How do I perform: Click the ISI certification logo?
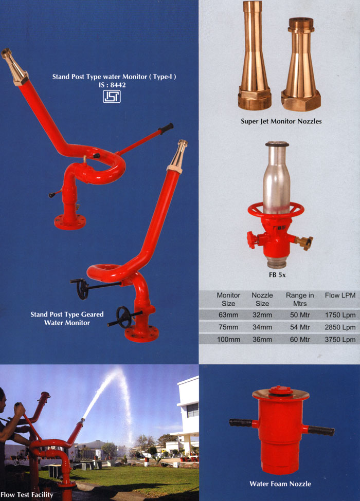(x=112, y=96)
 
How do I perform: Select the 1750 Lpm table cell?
(x=340, y=315)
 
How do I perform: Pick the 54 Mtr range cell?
(x=300, y=327)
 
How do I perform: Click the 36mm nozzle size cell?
(x=262, y=339)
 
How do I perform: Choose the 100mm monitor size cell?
(x=228, y=339)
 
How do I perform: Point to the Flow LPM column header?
(x=340, y=295)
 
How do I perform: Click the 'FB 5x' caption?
(x=277, y=275)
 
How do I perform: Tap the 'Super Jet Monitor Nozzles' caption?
(x=281, y=121)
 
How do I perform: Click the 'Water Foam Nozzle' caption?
(x=280, y=484)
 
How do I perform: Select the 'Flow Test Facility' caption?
(x=27, y=495)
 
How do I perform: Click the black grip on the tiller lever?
(x=166, y=128)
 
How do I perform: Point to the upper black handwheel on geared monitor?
(x=83, y=289)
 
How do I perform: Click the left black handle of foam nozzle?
(x=240, y=423)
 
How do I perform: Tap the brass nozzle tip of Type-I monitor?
(x=14, y=67)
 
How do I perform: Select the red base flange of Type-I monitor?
(x=70, y=222)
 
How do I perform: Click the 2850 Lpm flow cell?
(x=340, y=327)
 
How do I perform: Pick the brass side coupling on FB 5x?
(x=304, y=242)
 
